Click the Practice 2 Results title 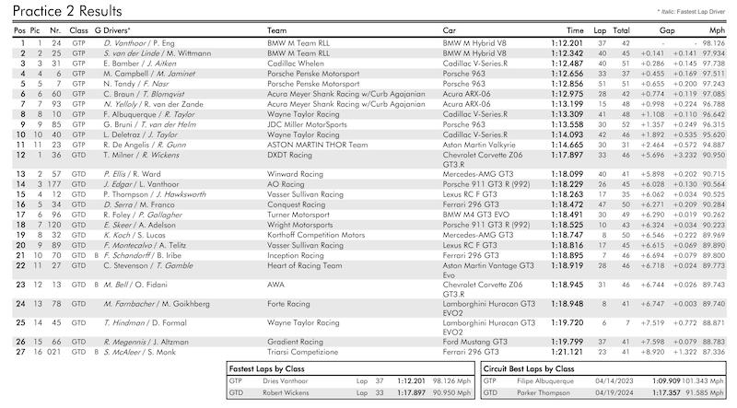pyautogui.click(x=65, y=12)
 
